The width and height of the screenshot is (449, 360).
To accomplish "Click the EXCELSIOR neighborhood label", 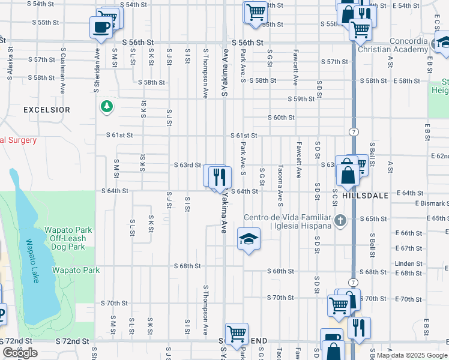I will pos(47,110).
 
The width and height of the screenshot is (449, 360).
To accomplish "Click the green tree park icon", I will pos(107,106).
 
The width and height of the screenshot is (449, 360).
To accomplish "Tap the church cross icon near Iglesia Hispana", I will pos(340,220).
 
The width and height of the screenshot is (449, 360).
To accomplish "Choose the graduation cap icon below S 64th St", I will pos(249,239).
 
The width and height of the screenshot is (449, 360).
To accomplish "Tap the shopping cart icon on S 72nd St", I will pos(237,334).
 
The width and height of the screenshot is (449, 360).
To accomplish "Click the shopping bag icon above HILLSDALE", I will pos(347,174).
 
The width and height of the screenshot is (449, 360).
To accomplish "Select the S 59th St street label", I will pos(301,99).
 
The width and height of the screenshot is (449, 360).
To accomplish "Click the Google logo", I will pos(20,353).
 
